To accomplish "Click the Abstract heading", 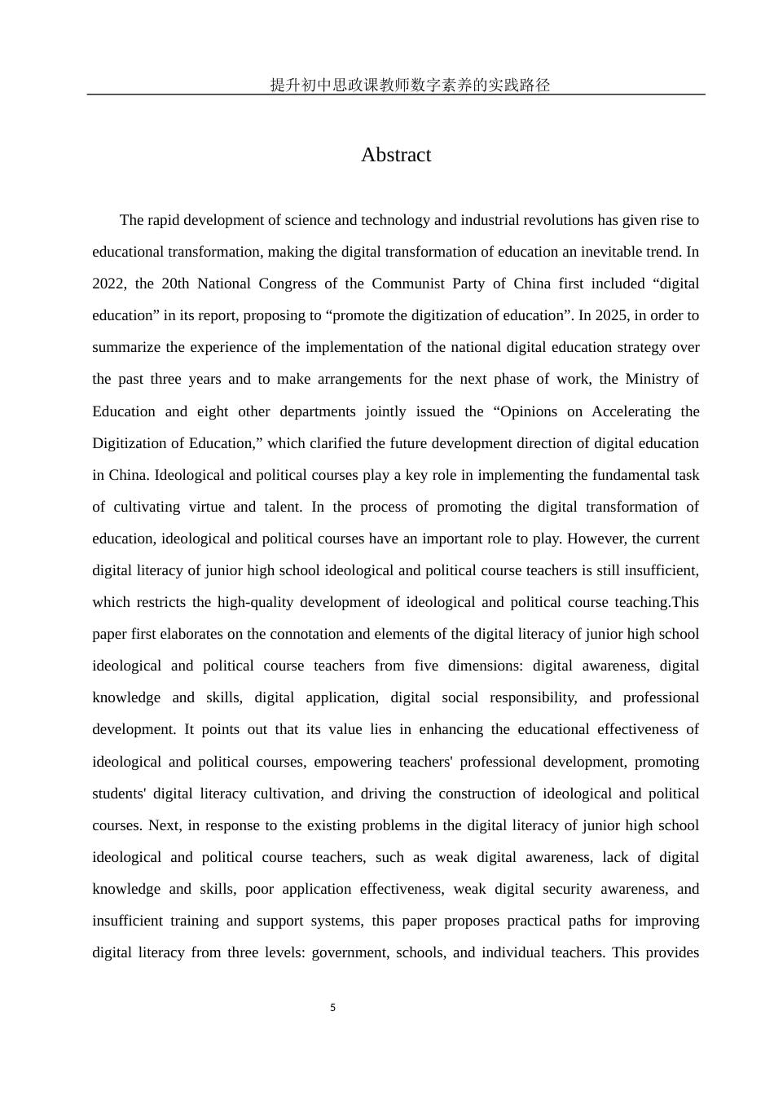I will (396, 155).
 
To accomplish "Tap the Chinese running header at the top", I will (410, 85).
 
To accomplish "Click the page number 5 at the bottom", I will (332, 1008).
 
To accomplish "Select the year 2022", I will (108, 284).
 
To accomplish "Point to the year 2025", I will (612, 315).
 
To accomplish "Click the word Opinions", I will (526, 411).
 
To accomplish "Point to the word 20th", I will (175, 284).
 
